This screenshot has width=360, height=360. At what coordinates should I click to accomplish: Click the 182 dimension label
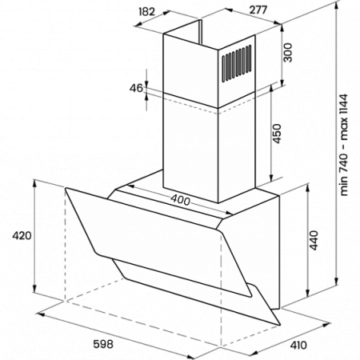147,12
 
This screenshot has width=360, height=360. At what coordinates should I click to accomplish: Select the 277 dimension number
258,10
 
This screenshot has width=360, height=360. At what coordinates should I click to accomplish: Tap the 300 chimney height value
287,53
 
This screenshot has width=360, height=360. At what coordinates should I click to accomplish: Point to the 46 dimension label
136,88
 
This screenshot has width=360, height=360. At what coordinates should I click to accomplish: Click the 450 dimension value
277,134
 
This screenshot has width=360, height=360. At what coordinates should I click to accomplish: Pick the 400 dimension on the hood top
180,200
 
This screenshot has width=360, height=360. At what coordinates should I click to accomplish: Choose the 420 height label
22,236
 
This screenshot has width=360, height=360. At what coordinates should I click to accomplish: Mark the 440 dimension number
314,241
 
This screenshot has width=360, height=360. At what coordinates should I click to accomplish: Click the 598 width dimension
103,344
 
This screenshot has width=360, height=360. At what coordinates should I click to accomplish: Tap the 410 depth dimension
298,345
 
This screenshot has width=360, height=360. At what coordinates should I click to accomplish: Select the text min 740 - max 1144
344,145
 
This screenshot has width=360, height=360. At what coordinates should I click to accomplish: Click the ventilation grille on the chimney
237,63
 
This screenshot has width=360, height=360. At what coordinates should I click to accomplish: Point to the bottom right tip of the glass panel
280,325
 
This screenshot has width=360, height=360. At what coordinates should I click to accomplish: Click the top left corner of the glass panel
66,188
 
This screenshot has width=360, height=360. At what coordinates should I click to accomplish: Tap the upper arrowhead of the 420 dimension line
34,183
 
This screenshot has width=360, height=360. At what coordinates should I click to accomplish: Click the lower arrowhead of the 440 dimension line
307,294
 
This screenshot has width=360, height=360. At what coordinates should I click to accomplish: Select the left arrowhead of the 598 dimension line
39,314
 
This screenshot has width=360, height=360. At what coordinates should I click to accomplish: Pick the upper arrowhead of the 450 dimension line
271,88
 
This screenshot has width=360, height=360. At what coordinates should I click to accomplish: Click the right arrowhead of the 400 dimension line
229,213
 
